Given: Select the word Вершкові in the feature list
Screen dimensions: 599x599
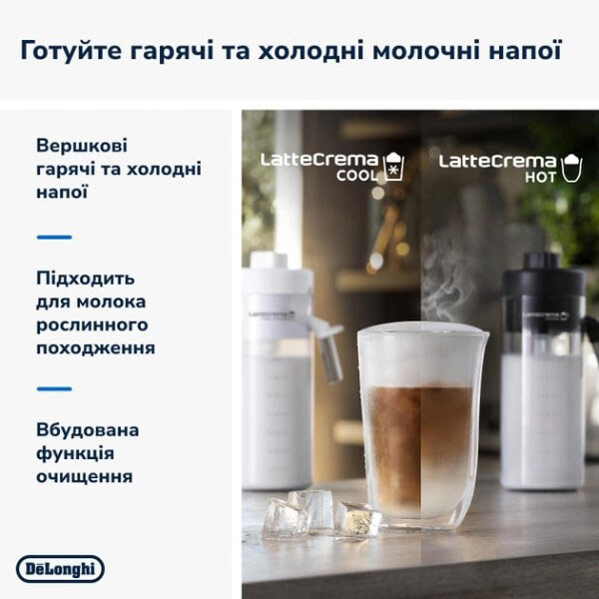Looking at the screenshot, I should tap(80, 145).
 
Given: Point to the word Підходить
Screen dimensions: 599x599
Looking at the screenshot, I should tap(85, 278).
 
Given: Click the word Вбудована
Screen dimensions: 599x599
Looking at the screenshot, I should tap(87, 430).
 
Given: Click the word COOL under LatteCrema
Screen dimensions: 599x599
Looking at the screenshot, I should tap(356, 177).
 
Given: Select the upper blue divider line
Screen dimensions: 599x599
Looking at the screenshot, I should tap(54, 237).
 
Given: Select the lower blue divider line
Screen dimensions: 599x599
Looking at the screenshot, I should tap(54, 388).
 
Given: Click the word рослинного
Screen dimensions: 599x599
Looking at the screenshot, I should tap(91, 324).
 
